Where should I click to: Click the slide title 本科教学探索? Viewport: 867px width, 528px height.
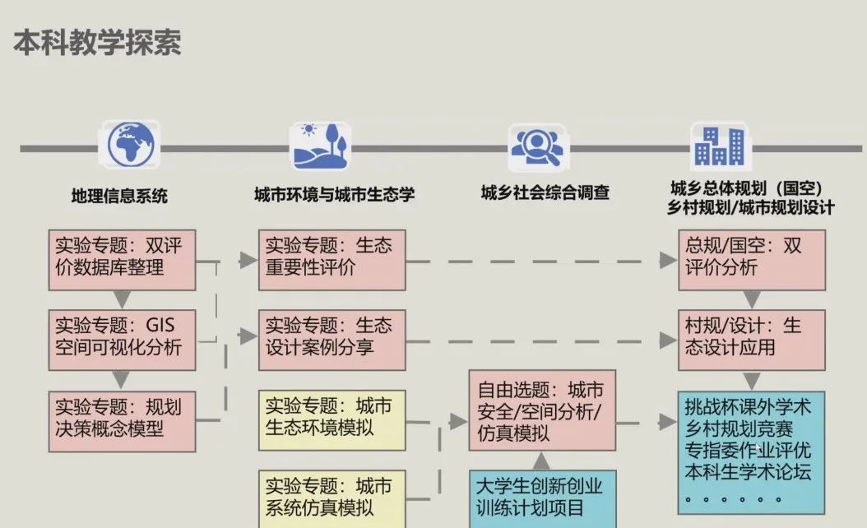[x=97, y=43]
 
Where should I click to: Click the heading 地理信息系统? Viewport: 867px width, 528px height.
[x=119, y=196]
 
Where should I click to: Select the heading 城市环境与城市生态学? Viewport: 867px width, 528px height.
[x=334, y=195]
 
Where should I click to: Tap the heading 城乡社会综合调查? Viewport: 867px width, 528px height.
[x=545, y=193]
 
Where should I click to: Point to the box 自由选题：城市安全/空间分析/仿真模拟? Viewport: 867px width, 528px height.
[x=542, y=410]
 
